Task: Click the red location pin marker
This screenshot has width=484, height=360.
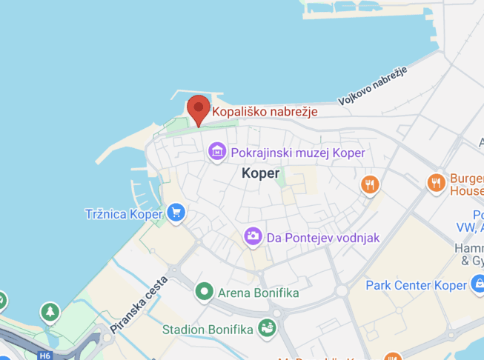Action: [198, 109]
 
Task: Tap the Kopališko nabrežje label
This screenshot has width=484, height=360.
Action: [265, 112]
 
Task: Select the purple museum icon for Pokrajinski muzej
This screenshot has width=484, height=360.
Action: [217, 153]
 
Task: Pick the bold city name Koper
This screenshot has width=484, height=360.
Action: [261, 173]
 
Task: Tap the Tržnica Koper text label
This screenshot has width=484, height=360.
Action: [123, 215]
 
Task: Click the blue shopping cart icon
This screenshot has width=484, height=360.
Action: [176, 214]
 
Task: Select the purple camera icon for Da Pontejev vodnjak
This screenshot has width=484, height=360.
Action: [253, 237]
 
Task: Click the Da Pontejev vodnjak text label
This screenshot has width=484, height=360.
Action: [323, 238]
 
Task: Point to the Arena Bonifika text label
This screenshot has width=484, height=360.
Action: [258, 293]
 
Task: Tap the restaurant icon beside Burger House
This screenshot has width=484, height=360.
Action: [435, 182]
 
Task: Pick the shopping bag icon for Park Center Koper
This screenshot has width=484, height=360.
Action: [478, 285]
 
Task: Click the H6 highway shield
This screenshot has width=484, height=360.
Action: [45, 356]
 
